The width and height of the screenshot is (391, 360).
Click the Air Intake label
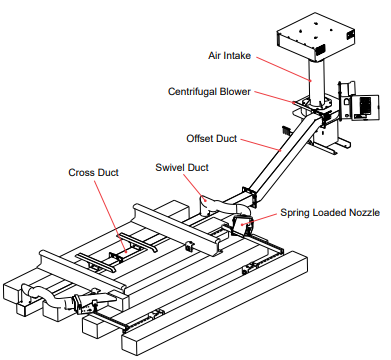[x=229, y=55]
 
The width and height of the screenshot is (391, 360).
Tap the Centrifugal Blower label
[x=209, y=91]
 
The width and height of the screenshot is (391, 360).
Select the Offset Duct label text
[x=212, y=138]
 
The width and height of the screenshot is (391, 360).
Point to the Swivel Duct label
[x=182, y=167]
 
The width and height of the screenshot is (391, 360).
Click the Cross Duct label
[x=93, y=172]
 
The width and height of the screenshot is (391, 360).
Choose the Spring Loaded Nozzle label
[x=330, y=212]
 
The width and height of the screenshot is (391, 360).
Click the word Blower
[x=235, y=91]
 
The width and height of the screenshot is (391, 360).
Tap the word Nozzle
[x=364, y=212]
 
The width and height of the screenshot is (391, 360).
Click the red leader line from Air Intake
[x=284, y=69]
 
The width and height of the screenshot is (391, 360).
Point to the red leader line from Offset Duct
[x=261, y=145]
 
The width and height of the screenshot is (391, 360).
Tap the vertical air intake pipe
[x=316, y=82]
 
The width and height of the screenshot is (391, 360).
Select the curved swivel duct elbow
[x=220, y=206]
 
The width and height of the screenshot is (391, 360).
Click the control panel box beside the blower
[x=365, y=107]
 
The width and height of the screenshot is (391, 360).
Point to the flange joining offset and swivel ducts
[x=250, y=197]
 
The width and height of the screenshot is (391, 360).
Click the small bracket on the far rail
[x=190, y=246]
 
